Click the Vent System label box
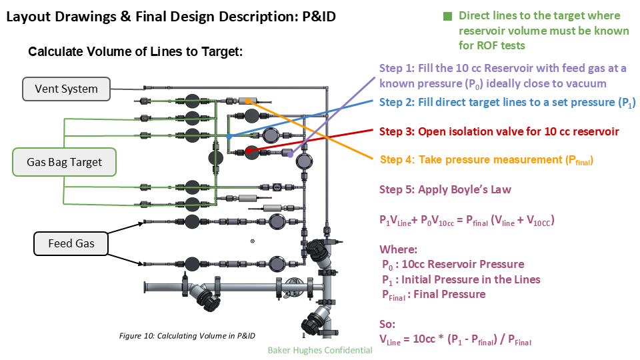[x=66, y=89]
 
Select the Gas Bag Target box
[x=64, y=162]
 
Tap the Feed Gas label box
[x=71, y=243]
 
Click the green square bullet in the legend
[x=447, y=15]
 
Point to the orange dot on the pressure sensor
[x=247, y=101]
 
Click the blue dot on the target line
[x=229, y=136]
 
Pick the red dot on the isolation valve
[x=247, y=151]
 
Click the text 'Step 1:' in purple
[x=396, y=68]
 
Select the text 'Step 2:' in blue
[x=396, y=103]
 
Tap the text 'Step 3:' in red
[x=396, y=131]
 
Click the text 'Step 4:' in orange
[x=397, y=160]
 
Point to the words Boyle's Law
[x=479, y=189]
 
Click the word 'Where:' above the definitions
[x=398, y=249]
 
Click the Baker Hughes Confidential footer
[x=319, y=350]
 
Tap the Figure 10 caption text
[x=187, y=335]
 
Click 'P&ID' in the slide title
[x=314, y=17]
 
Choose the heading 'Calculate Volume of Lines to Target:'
[x=135, y=52]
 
